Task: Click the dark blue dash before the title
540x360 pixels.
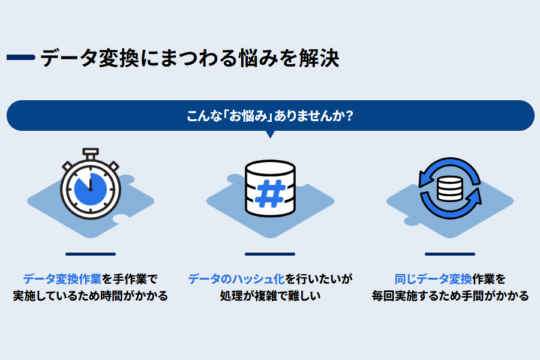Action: [20, 58]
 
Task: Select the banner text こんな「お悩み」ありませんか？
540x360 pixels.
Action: [269, 116]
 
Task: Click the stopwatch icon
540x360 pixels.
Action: [90, 187]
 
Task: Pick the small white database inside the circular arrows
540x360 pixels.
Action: [449, 188]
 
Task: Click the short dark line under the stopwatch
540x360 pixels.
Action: [90, 254]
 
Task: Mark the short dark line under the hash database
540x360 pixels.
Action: [270, 254]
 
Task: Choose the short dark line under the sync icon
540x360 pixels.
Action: [449, 254]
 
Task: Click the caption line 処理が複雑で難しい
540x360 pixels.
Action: [270, 296]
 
